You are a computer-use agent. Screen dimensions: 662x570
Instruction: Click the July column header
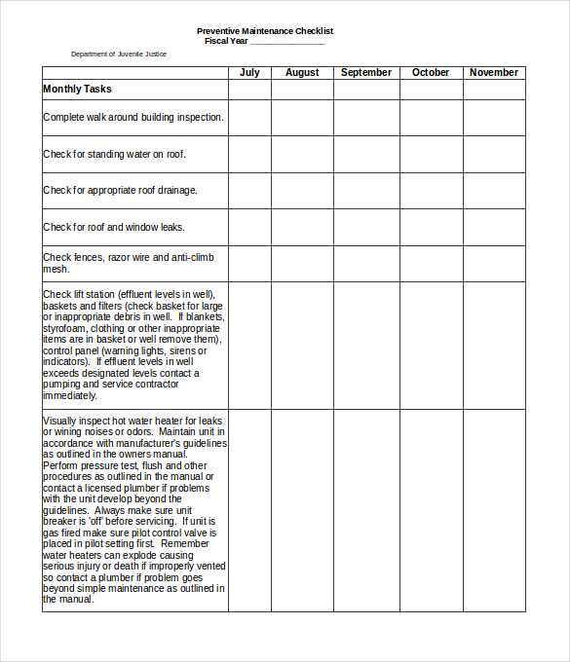click(x=249, y=72)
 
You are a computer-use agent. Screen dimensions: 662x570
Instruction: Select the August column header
click(x=302, y=72)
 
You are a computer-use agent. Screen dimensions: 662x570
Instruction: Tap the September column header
click(x=366, y=72)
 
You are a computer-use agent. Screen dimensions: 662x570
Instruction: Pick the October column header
click(x=431, y=72)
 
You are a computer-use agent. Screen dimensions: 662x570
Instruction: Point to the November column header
click(x=494, y=72)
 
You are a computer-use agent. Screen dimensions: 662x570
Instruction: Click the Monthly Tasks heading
click(x=77, y=90)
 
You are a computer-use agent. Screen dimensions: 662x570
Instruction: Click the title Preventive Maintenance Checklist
click(x=265, y=31)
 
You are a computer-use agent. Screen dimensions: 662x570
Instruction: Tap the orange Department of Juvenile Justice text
click(x=118, y=55)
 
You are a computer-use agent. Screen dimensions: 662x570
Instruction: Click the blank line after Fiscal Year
click(x=287, y=42)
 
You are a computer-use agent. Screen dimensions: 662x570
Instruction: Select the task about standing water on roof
click(x=114, y=154)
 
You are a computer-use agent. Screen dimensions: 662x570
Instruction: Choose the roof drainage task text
click(x=120, y=190)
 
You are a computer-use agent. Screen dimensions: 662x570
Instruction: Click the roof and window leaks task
click(x=114, y=227)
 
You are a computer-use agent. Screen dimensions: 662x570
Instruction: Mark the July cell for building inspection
click(x=249, y=118)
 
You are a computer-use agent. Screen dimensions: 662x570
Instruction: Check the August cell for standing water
click(x=302, y=154)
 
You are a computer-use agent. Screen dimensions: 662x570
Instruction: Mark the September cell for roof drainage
click(x=366, y=191)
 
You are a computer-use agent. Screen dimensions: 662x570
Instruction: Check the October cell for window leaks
click(x=431, y=227)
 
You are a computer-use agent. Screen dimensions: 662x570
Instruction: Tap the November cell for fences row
click(x=494, y=263)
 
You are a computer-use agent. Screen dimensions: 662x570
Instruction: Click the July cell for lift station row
click(x=249, y=345)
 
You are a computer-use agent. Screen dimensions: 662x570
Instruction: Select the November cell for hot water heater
click(x=494, y=510)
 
